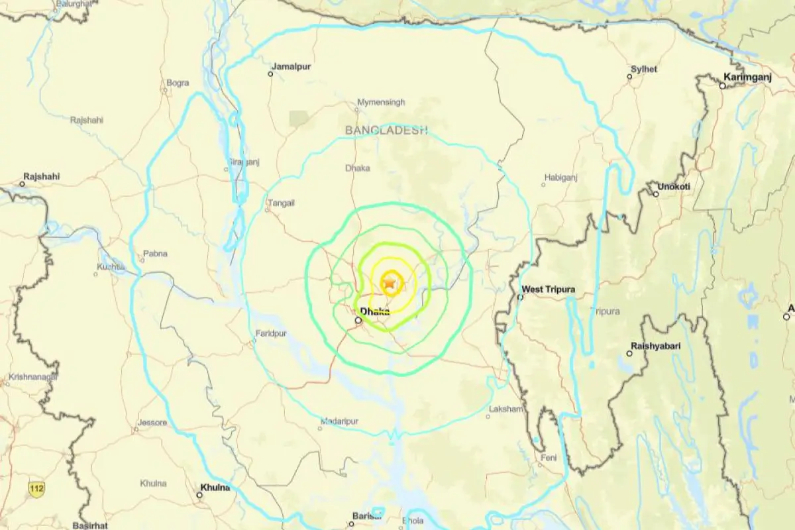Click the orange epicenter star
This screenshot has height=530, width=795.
point(390,284)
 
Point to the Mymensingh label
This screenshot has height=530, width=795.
point(381,102)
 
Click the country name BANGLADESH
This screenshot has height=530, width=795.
point(386,131)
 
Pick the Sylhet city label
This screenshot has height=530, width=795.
point(644,69)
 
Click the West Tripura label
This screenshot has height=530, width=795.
point(549,290)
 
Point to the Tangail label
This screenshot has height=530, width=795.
point(280,203)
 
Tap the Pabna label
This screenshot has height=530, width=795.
point(156,253)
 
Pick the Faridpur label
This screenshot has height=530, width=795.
point(270,334)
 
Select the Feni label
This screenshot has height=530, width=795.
point(548,458)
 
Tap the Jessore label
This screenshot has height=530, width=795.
point(152,422)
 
